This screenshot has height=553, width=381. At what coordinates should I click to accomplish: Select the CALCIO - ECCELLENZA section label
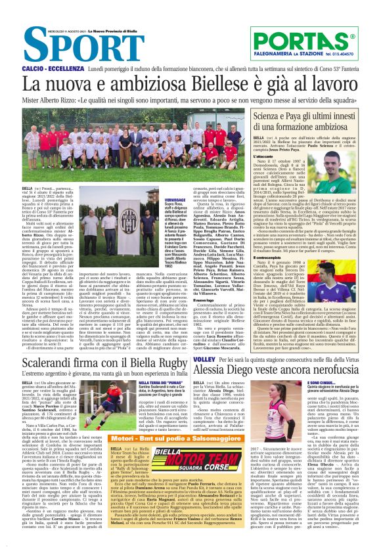tap(51, 68)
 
